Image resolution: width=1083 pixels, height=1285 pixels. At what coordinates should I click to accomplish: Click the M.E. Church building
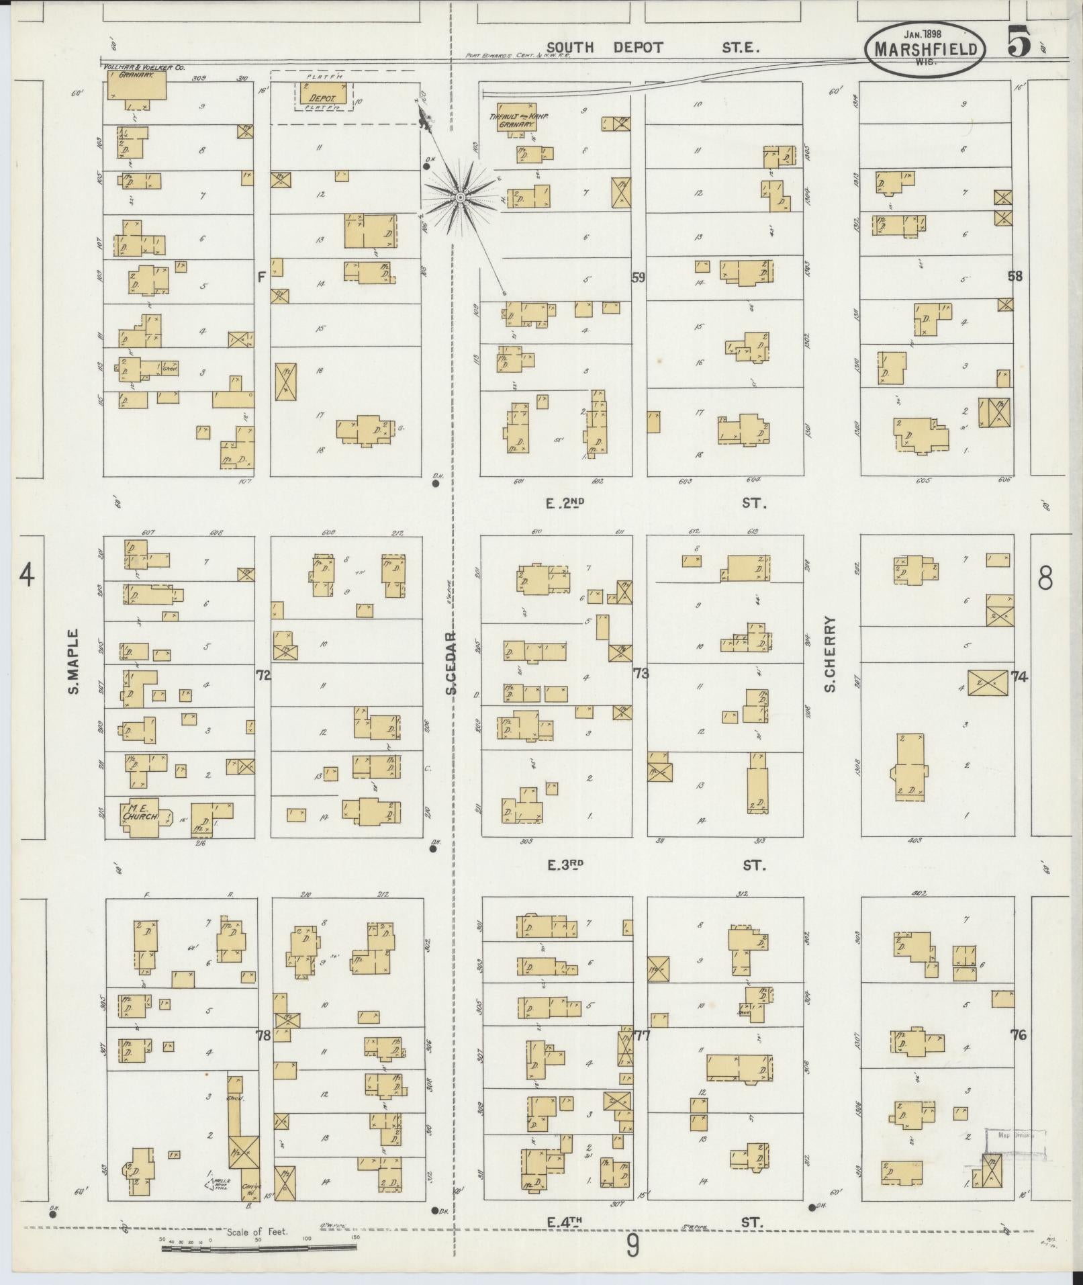coord(141,817)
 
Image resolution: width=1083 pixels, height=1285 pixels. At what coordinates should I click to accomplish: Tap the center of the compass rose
coord(461,197)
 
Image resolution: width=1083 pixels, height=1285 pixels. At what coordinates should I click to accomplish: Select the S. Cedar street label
coord(452,664)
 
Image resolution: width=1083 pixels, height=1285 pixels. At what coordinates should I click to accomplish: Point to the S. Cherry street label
coord(830,655)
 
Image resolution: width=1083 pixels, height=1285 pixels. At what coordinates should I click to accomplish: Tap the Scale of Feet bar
coord(258,1249)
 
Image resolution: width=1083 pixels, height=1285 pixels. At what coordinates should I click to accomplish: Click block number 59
coord(638,277)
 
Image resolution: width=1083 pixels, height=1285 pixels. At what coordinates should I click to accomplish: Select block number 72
coord(263,675)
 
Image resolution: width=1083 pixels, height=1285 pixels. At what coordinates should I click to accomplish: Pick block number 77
coord(642,1035)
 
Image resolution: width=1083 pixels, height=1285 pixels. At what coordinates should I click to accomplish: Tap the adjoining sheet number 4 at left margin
coord(27,576)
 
